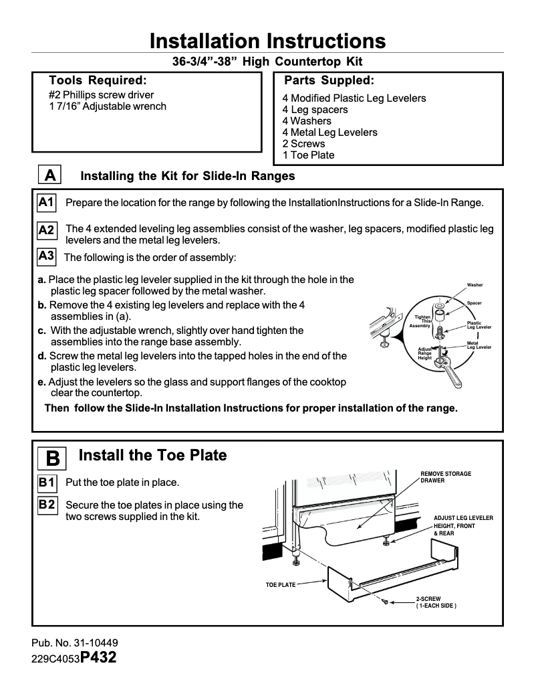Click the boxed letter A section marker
pos(49,175)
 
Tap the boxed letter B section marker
pos(53,458)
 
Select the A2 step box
pos(47,230)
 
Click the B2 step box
pos(47,505)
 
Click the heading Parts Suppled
pos(329,81)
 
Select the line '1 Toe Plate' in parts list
pos(308,155)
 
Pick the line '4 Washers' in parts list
pos(307,121)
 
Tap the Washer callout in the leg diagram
pos(475,285)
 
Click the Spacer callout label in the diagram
pos(475,303)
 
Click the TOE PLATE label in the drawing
pos(281,585)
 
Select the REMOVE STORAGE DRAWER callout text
pos(446,477)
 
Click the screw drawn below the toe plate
pos(386,604)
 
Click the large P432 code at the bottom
pos(98,657)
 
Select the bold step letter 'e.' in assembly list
pos(42,381)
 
